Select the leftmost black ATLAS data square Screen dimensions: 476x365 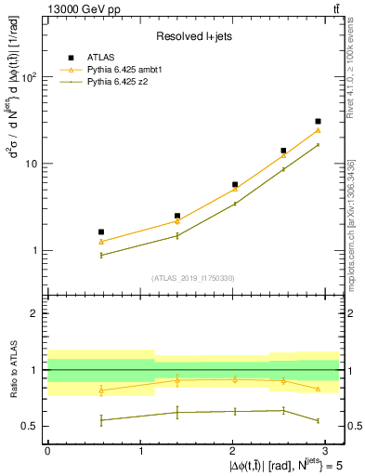(101, 231)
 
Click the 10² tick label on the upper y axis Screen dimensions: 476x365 (30, 77)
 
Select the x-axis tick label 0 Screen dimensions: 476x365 (47, 450)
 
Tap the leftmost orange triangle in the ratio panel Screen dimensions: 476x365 (101, 390)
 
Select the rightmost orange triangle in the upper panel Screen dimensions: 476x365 (319, 129)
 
